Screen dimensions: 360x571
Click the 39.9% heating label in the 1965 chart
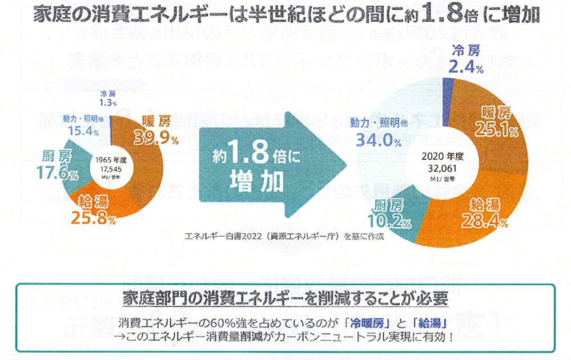(x=157, y=137)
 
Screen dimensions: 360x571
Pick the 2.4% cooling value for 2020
(x=467, y=68)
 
